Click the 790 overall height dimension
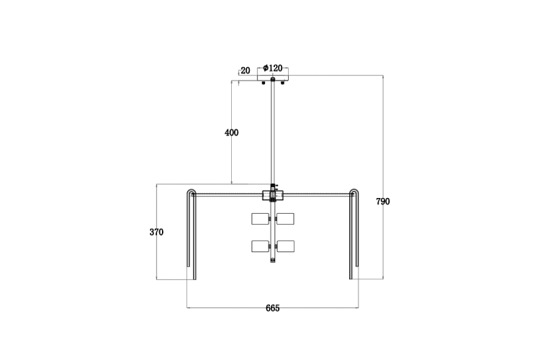pos(382,202)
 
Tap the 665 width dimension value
pos(272,308)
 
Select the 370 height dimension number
pos(156,232)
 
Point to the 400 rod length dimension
pos(231,132)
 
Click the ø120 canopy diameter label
pos(273,68)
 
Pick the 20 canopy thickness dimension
pos(246,71)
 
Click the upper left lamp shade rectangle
pos(261,219)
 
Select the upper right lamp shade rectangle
pos(286,219)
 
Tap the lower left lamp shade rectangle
pos(261,246)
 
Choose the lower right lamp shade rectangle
pos(286,246)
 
